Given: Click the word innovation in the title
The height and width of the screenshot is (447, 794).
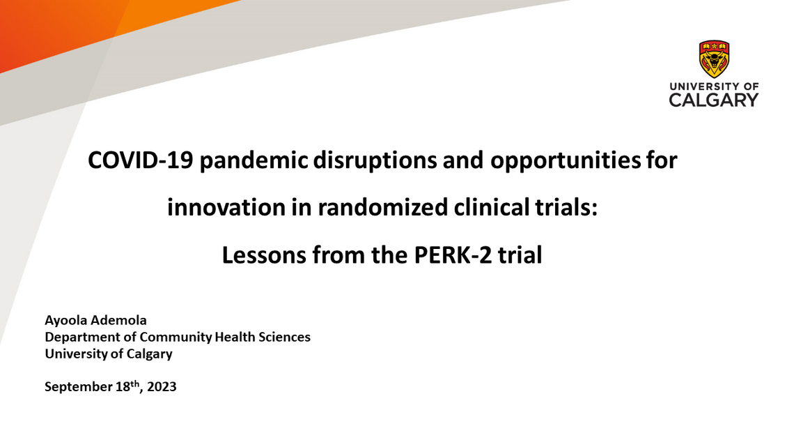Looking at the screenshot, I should tap(220, 208).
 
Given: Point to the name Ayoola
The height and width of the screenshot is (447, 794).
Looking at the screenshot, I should tap(66, 321).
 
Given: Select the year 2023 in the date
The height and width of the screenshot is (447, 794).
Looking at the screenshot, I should tap(162, 386).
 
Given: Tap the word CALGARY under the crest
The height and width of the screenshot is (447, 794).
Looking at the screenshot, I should tap(714, 100).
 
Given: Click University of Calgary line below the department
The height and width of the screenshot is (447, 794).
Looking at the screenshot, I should tap(108, 354).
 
